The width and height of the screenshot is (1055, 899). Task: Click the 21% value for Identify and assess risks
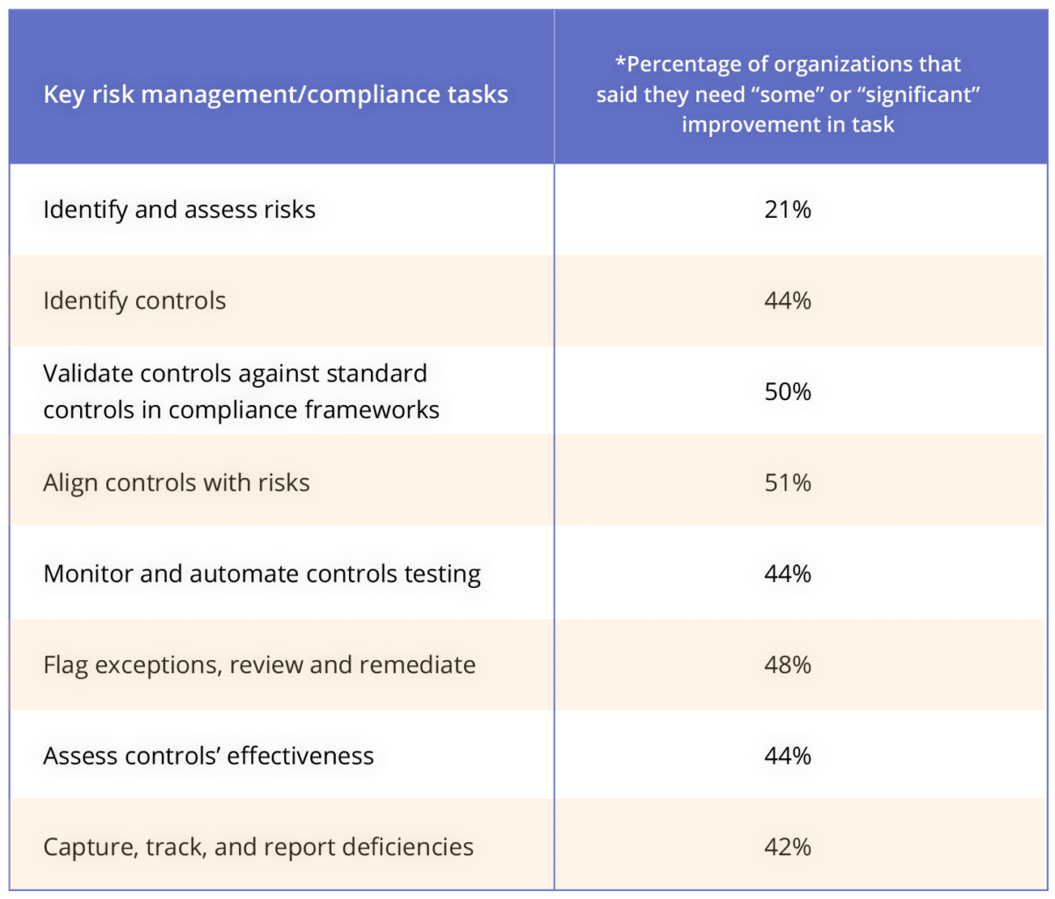788,210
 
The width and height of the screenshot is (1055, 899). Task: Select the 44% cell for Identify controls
788,301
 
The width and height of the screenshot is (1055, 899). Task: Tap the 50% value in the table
788,392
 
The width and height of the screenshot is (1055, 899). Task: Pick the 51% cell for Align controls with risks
788,482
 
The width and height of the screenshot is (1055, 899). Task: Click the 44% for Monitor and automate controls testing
788,574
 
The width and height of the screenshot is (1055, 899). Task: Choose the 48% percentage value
788,664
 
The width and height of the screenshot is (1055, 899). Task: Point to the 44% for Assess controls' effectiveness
788,756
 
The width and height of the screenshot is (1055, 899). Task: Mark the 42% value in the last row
788,847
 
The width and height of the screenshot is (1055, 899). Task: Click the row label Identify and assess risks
179,210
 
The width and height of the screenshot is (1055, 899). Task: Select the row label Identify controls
135,301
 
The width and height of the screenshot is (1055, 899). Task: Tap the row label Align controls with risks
177,482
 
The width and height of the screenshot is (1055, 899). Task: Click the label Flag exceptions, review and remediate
259,664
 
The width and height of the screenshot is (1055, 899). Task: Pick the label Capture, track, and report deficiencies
258,847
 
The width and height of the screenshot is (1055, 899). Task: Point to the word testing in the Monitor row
442,575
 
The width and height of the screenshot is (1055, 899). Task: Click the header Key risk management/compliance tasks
275,95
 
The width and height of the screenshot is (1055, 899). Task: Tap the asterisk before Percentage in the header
621,62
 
